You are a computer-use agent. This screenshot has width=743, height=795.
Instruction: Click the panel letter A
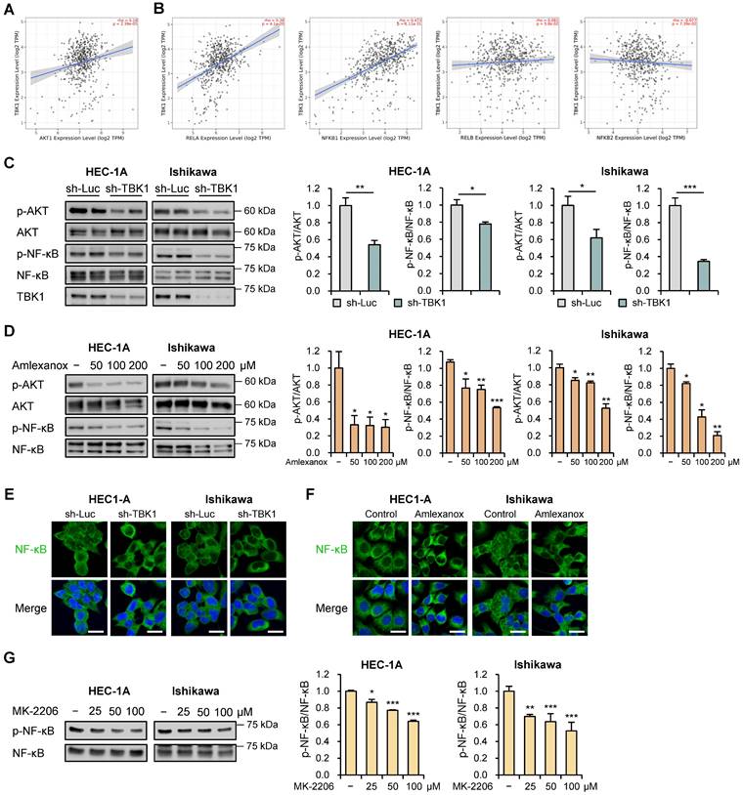(x=9, y=11)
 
